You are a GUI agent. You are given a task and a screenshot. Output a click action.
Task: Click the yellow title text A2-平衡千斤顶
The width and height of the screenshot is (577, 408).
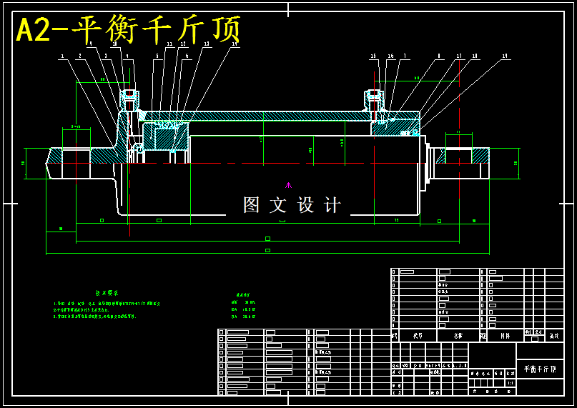[x=129, y=30]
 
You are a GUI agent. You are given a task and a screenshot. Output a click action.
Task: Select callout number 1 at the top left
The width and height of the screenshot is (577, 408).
[x=62, y=56]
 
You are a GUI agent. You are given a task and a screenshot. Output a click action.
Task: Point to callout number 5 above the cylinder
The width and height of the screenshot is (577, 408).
[x=157, y=56]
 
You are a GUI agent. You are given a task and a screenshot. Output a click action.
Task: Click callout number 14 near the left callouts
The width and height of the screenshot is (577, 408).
[x=235, y=44]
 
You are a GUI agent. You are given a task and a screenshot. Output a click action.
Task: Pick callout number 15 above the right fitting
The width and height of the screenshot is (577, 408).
[x=373, y=56]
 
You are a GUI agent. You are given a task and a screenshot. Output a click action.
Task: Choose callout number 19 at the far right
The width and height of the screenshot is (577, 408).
[x=505, y=56]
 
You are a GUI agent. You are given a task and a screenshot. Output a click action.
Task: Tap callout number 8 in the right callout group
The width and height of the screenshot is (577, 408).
[x=439, y=56]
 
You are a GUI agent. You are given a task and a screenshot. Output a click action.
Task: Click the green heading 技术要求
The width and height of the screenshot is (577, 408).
[x=107, y=293]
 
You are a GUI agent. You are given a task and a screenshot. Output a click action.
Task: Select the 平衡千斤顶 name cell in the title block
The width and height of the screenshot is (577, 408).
[x=540, y=369]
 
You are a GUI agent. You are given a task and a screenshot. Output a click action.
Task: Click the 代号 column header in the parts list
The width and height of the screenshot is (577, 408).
[x=418, y=335]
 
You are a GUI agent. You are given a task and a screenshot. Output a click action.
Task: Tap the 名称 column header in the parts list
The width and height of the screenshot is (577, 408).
[x=458, y=335]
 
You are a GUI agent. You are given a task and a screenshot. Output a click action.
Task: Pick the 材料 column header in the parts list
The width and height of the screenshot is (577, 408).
[x=505, y=335]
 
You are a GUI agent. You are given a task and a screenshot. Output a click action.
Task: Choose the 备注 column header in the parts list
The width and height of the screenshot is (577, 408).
[x=553, y=335]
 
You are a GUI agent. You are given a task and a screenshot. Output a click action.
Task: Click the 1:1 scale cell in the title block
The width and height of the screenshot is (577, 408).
[x=510, y=383]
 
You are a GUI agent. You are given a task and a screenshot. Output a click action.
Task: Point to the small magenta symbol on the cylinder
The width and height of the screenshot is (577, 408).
[x=288, y=185]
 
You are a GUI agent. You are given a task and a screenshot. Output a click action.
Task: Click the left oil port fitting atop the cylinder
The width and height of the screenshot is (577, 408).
[x=129, y=100]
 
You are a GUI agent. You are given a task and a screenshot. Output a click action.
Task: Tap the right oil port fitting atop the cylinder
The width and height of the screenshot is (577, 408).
[x=374, y=100]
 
